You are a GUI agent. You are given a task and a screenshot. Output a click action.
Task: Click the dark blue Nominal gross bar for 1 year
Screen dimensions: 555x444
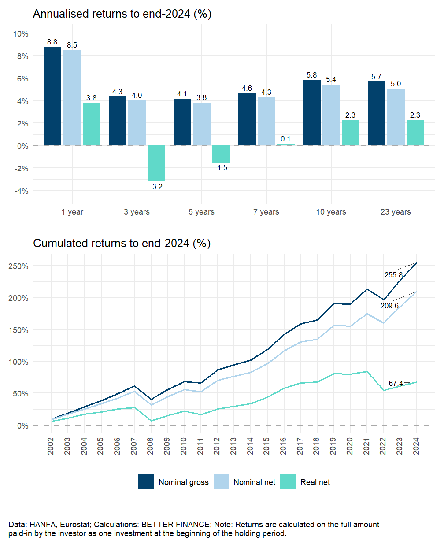pyautogui.click(x=52, y=96)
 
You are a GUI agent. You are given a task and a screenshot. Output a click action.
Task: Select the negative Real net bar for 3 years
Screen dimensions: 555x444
pyautogui.click(x=156, y=163)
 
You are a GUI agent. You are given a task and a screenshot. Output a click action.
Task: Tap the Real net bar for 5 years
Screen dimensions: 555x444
pyautogui.click(x=221, y=154)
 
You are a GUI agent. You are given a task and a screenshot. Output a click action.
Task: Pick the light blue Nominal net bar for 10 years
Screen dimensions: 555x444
pyautogui.click(x=331, y=115)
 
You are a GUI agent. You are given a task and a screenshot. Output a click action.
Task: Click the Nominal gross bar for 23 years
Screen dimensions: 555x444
pyautogui.click(x=377, y=113)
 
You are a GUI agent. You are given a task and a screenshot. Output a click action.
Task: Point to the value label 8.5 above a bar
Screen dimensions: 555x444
pyautogui.click(x=72, y=45)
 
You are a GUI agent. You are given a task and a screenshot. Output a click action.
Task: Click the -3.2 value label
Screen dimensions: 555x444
pyautogui.click(x=156, y=187)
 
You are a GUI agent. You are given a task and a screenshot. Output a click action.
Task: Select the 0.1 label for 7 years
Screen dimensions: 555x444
pyautogui.click(x=285, y=139)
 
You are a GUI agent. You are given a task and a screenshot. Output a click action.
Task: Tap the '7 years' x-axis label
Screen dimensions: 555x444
pyautogui.click(x=266, y=212)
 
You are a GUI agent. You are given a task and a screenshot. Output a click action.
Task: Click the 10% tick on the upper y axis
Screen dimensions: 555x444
pyautogui.click(x=21, y=34)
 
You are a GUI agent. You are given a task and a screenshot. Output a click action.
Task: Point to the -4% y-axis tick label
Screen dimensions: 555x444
pyautogui.click(x=22, y=191)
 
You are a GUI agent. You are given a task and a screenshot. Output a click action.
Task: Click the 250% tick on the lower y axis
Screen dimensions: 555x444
pyautogui.click(x=18, y=266)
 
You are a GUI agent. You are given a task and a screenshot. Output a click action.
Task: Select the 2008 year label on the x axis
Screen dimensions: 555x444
pyautogui.click(x=151, y=446)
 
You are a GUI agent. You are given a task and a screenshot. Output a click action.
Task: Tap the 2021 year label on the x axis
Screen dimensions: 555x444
pyautogui.click(x=366, y=446)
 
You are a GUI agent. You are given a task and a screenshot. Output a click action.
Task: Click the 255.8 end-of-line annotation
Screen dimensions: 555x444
pyautogui.click(x=393, y=275)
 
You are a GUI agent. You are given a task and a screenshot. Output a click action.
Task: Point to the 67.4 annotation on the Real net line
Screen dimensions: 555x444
pyautogui.click(x=396, y=384)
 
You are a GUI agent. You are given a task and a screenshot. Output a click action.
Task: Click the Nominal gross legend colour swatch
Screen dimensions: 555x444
pyautogui.click(x=146, y=481)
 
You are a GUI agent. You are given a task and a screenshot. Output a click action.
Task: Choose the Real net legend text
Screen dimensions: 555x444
pyautogui.click(x=315, y=482)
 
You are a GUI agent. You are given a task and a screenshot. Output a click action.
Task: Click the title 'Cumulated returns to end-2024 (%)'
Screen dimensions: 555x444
pyautogui.click(x=122, y=243)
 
